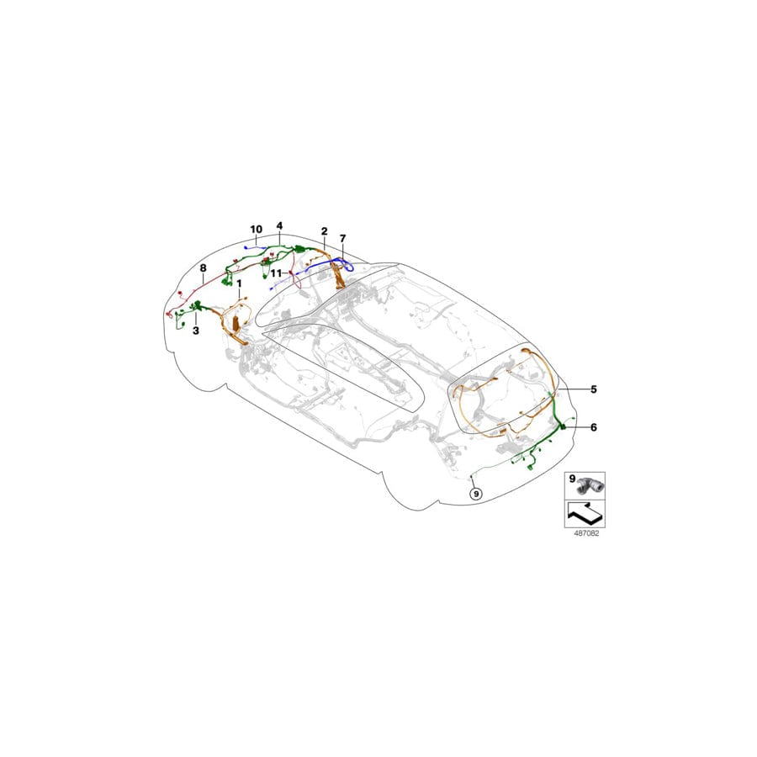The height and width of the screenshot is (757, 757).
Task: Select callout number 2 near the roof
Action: point(323,230)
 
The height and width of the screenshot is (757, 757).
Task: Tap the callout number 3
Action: point(195,331)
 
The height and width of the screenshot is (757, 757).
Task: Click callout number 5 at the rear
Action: point(593,389)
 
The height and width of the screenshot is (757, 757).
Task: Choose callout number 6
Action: point(593,427)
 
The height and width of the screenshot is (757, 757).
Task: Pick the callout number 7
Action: point(343,238)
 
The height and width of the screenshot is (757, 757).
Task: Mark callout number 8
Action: point(203,267)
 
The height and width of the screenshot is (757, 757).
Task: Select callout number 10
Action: point(256,229)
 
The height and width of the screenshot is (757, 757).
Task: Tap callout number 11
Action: point(275,273)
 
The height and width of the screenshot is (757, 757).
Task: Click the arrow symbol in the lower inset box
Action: point(584,510)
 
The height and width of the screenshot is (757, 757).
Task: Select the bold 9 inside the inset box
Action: point(571,479)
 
